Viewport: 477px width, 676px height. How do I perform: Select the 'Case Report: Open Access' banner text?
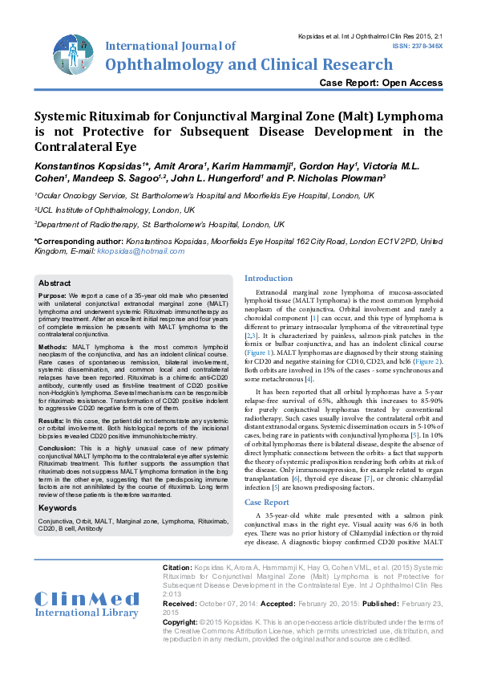click(x=381, y=83)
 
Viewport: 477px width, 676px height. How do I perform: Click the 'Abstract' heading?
click(x=55, y=283)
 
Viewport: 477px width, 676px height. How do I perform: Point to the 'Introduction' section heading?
click(x=269, y=279)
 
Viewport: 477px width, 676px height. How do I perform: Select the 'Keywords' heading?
click(x=58, y=508)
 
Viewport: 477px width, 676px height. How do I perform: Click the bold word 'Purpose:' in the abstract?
click(x=53, y=295)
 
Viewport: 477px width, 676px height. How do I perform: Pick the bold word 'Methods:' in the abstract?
click(x=53, y=347)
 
